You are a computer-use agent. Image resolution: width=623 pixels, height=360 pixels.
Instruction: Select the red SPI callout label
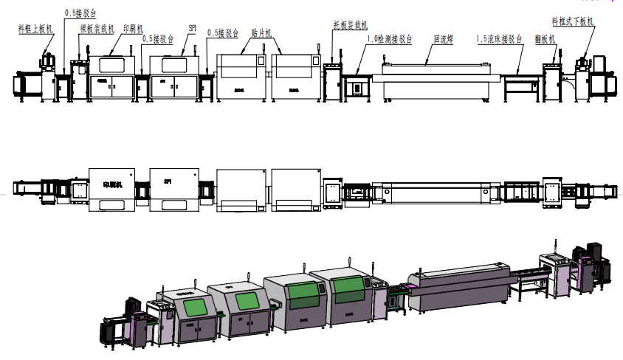[192, 27]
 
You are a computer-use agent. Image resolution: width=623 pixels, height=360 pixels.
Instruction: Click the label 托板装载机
[350, 24]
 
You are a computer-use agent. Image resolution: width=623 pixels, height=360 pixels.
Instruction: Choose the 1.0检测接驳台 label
[389, 38]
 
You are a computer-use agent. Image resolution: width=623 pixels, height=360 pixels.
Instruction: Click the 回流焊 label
[442, 38]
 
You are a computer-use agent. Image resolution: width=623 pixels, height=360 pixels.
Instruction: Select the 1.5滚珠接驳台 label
[499, 38]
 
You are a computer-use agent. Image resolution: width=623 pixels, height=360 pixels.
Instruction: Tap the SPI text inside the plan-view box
[168, 181]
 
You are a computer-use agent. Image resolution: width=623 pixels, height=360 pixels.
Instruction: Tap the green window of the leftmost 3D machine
[180, 306]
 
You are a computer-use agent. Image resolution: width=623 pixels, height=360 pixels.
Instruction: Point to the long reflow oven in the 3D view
[458, 284]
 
